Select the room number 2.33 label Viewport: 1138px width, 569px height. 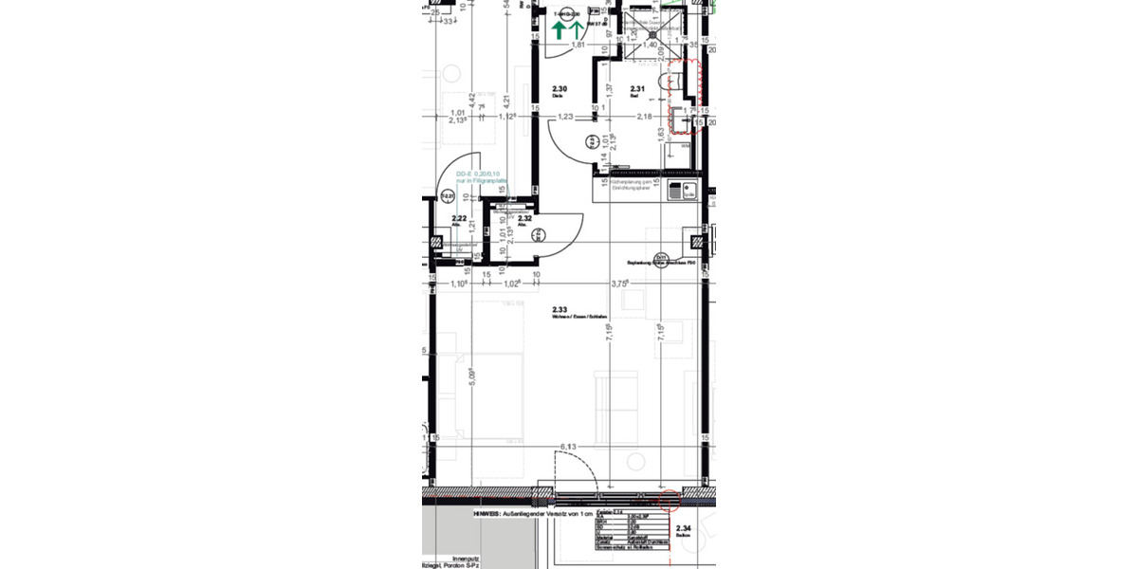(560, 309)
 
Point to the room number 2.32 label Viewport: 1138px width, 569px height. (523, 218)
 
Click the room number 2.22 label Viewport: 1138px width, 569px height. (458, 219)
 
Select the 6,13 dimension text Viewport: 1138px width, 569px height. (569, 446)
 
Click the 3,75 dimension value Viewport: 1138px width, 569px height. (620, 283)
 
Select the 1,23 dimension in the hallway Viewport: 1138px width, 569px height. (566, 117)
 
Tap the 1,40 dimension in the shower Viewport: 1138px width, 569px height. (651, 45)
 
